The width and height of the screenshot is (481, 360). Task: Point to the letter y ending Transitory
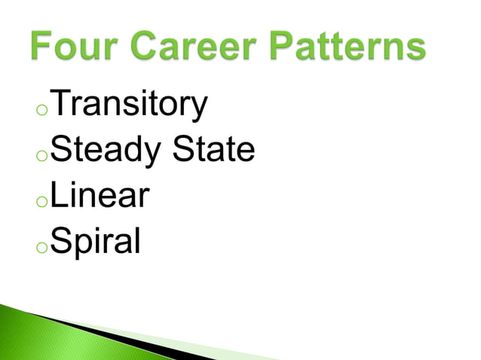click(x=198, y=110)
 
